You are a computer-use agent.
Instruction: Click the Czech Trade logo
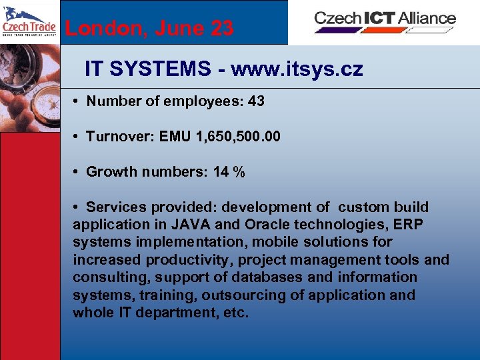pyautogui.click(x=29, y=22)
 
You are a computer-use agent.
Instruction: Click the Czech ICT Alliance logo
pyautogui.click(x=385, y=20)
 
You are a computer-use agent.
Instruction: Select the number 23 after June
pyautogui.click(x=221, y=29)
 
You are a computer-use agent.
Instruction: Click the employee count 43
pyautogui.click(x=256, y=101)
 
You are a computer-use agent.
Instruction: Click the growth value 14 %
pyautogui.click(x=229, y=172)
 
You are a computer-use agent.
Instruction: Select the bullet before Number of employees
pyautogui.click(x=77, y=101)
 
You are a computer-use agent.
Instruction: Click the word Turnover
pyautogui.click(x=115, y=137)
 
